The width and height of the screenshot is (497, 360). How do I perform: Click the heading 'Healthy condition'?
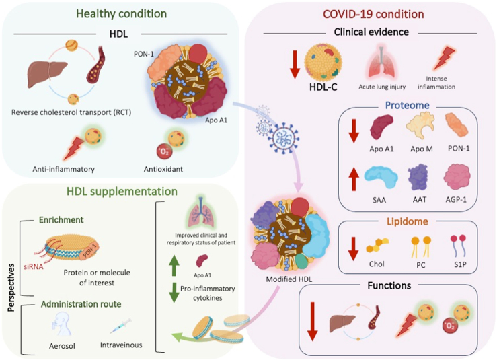coord(121,13)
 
